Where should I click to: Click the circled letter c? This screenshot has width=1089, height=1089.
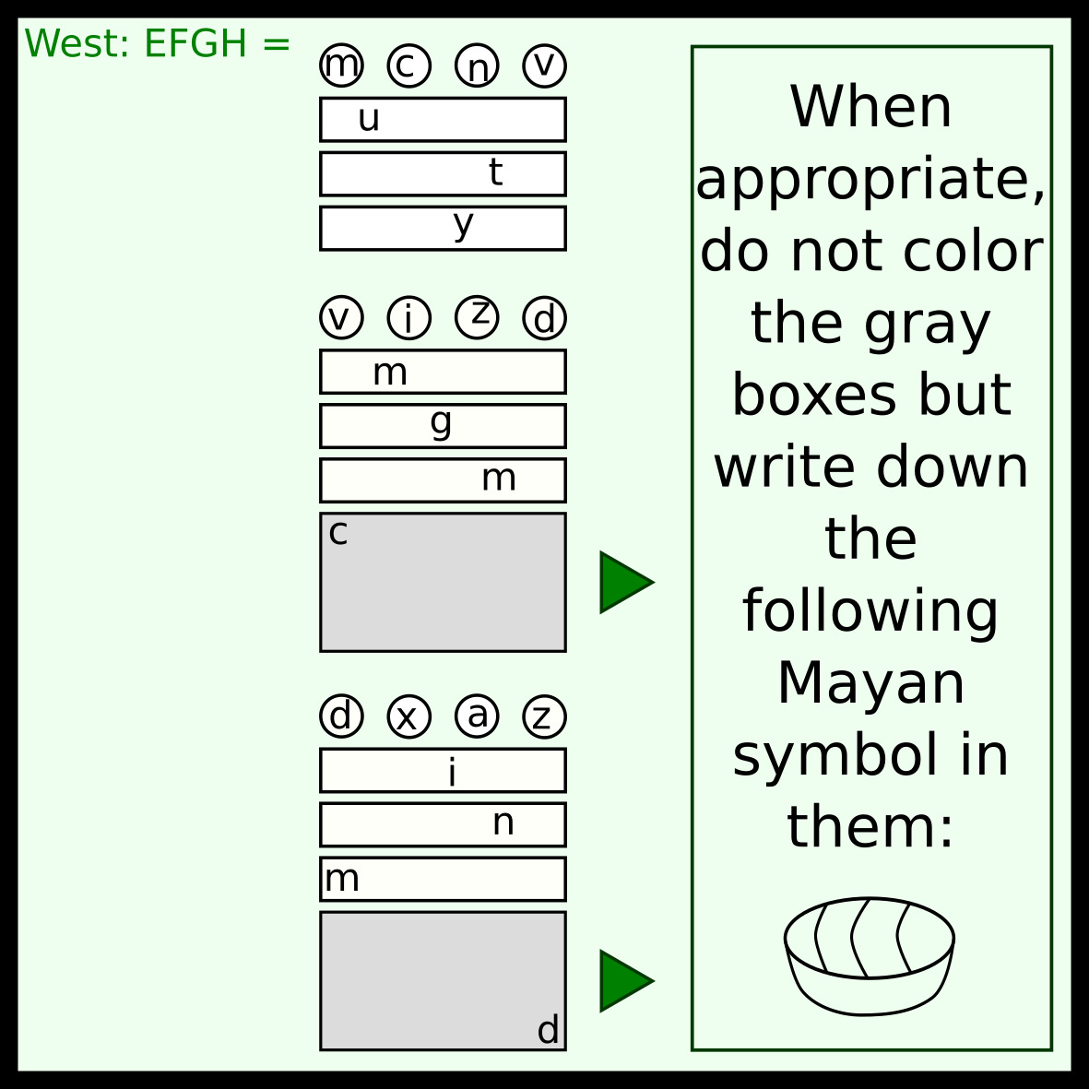coord(408,66)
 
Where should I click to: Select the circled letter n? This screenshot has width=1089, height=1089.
coord(477,66)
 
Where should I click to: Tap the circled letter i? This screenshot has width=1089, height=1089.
coord(408,318)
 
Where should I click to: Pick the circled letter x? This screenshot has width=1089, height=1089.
coord(408,716)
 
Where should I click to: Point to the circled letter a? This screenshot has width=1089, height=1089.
coord(477,716)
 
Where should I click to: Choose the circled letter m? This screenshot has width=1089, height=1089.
coord(341,66)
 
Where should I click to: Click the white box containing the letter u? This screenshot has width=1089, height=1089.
coord(443,119)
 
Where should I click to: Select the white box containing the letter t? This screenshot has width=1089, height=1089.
coord(443,173)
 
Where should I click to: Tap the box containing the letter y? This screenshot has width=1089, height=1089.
coord(443,228)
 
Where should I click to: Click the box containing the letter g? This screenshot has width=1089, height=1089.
coord(443,425)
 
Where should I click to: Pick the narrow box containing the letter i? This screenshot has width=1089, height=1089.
coord(443,770)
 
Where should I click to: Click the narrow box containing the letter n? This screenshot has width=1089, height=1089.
coord(443,824)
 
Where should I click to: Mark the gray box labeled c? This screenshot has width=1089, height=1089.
coord(443,582)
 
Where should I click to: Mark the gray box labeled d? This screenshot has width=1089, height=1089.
coord(443,980)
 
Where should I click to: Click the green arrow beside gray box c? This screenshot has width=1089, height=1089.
coord(625,582)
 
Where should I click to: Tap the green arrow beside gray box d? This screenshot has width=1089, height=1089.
coord(625,980)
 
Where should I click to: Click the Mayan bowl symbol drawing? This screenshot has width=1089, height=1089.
coord(870,956)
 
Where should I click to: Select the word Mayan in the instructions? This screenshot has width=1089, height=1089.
coord(870,683)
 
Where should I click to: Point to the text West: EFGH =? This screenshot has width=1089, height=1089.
coord(157,43)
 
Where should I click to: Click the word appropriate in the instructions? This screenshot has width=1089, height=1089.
coord(870,179)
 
